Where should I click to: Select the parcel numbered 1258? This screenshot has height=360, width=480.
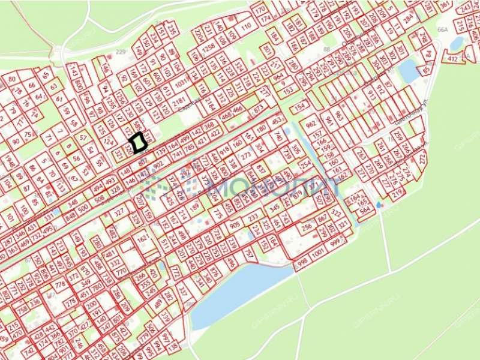[x=209, y=47]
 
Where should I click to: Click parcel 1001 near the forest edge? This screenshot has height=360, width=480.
[x=319, y=253]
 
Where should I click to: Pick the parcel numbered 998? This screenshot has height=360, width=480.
[x=302, y=260]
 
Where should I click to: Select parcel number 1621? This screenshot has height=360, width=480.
[x=143, y=239]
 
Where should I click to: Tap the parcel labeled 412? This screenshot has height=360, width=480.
[x=451, y=59]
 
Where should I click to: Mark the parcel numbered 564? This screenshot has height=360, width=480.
[x=364, y=211]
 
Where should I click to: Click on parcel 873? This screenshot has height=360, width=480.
[x=259, y=109]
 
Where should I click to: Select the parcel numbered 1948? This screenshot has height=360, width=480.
[x=9, y=161]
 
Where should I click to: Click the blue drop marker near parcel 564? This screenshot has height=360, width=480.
[x=378, y=205]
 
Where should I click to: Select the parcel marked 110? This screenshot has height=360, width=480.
[x=245, y=26]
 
